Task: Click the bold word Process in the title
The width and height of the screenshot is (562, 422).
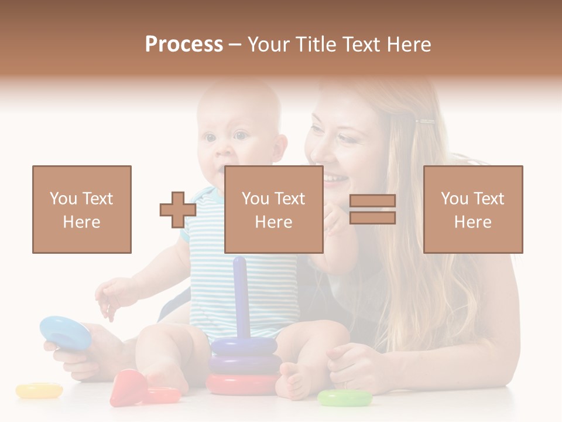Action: tap(184, 45)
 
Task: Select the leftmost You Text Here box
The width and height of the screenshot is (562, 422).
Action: tap(82, 209)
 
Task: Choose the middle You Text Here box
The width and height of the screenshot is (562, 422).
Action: tap(273, 209)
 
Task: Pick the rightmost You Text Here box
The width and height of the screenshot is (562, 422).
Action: tap(472, 209)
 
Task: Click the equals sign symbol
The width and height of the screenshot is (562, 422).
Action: tap(372, 209)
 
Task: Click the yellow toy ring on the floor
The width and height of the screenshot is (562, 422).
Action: tap(39, 390)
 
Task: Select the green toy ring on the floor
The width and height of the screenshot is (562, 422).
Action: tap(345, 398)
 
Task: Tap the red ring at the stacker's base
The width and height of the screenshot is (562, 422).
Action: tap(242, 384)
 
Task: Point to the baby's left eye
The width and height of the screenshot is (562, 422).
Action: tap(241, 135)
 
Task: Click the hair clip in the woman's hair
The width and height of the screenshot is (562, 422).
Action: tap(426, 122)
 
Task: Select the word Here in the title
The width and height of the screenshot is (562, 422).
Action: tap(410, 45)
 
